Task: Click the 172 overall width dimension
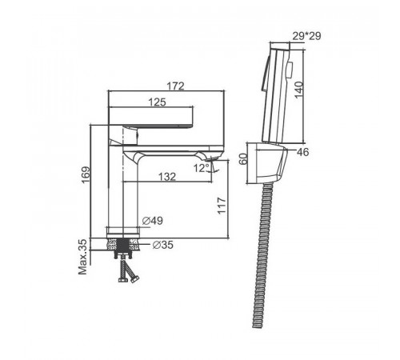pos(175,86)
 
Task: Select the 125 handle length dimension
pos(157,102)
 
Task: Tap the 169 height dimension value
pos(86,175)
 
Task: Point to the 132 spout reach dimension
pos(167,177)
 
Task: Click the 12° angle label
pos(202,168)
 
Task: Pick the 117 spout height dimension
pos(222,206)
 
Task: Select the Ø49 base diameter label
pos(152,221)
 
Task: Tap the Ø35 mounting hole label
pos(163,245)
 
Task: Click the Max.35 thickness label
pos(83,257)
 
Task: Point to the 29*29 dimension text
pos(306,36)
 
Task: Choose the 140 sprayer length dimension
pos(299,90)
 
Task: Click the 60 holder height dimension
pos(244,159)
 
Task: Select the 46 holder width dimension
pos(302,152)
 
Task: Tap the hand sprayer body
pos(276,94)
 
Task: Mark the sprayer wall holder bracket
pos(269,163)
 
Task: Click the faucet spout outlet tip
pos(212,159)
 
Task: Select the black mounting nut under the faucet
pos(123,248)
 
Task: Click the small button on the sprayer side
pos(290,70)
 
